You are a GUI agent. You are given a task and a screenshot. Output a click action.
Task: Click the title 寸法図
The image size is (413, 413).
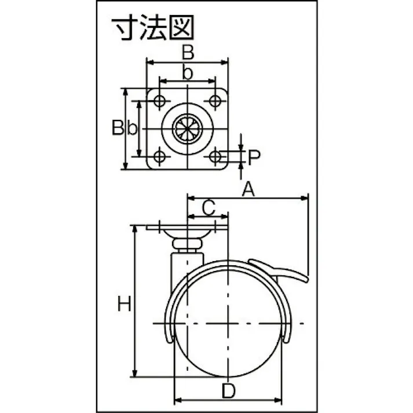point(153,27)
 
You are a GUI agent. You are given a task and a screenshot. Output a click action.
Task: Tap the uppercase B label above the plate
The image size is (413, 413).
point(188,52)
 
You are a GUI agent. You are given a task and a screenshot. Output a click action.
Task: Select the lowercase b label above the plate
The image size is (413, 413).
point(187,73)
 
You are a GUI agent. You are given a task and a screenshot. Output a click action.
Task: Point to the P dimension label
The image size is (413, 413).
point(254,157)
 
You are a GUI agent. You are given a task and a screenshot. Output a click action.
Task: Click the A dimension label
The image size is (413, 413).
point(248,189)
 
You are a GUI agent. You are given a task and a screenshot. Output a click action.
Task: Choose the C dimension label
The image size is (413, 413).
point(209,208)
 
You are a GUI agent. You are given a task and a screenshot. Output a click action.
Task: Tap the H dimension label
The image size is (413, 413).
point(124,304)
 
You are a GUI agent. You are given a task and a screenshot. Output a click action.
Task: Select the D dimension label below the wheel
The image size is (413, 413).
point(228,390)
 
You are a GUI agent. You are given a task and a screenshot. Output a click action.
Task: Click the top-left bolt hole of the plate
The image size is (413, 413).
point(159,101)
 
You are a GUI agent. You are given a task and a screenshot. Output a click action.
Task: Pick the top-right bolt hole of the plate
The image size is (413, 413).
point(215,101)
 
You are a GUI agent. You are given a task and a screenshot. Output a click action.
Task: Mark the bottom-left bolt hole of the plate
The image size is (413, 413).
point(159,156)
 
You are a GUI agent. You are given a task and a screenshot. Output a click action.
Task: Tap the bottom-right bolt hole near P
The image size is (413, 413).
point(215,156)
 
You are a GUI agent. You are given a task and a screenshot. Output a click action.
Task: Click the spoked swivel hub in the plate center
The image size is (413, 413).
point(187,129)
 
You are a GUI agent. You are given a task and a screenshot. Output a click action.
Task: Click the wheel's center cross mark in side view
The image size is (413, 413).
point(228,323)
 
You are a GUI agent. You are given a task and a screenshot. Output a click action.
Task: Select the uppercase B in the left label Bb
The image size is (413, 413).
point(118,127)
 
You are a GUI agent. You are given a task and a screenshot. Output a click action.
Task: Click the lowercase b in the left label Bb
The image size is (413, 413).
point(132,127)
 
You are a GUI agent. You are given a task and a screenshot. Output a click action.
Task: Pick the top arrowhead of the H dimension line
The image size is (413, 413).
point(134,229)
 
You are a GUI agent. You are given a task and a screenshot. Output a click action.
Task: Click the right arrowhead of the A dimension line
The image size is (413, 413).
point(304,198)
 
